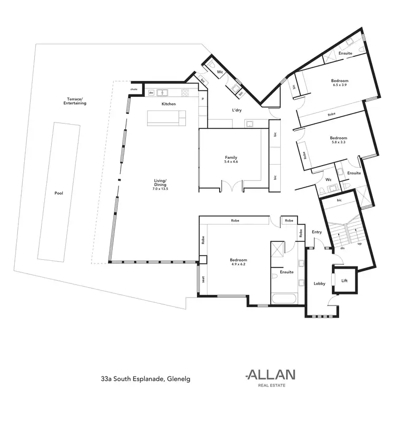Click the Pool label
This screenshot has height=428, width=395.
pos(59,193)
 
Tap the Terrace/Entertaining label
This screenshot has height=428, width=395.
pos(73,101)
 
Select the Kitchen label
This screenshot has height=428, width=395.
pos(169,104)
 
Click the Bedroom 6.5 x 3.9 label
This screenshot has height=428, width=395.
pos(340,83)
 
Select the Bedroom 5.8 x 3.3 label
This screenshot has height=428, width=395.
pos(339,140)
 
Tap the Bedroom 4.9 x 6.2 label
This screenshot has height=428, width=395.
pos(238,262)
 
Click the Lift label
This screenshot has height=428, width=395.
pos(344,281)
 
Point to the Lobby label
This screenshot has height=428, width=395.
pos(319,283)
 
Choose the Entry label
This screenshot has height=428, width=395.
pos(317,232)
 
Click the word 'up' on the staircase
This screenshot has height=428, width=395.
pos(360,244)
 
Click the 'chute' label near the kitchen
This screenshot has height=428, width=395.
pos(134,89)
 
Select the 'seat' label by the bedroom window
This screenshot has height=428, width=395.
pos(203,280)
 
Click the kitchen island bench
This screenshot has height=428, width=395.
pos(167,118)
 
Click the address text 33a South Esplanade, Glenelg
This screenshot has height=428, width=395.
pos(145,378)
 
